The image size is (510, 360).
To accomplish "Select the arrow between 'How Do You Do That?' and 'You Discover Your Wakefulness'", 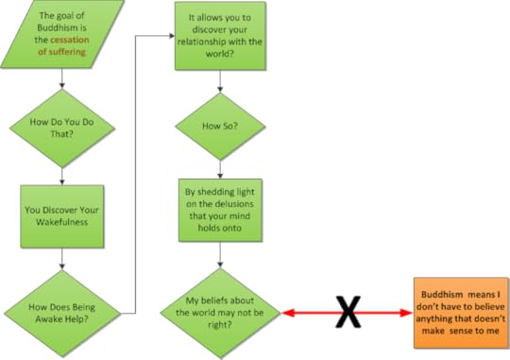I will (x=61, y=173).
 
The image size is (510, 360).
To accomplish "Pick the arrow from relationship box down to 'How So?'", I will (x=220, y=80).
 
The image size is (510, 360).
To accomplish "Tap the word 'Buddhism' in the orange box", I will (x=441, y=295).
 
